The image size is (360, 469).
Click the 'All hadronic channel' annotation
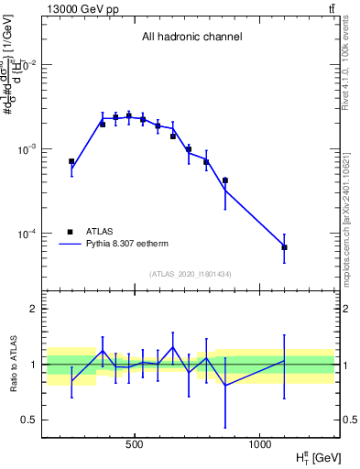[191, 38]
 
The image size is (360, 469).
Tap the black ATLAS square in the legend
[71, 232]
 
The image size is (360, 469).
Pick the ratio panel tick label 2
[36, 310]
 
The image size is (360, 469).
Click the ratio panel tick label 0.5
[32, 420]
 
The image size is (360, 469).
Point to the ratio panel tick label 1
[36, 365]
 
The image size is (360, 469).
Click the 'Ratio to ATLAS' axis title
[12, 364]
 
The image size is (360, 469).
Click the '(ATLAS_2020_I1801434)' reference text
[191, 275]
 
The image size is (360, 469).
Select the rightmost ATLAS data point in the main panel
[284, 247]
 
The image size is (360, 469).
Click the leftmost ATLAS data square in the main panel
[71, 161]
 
